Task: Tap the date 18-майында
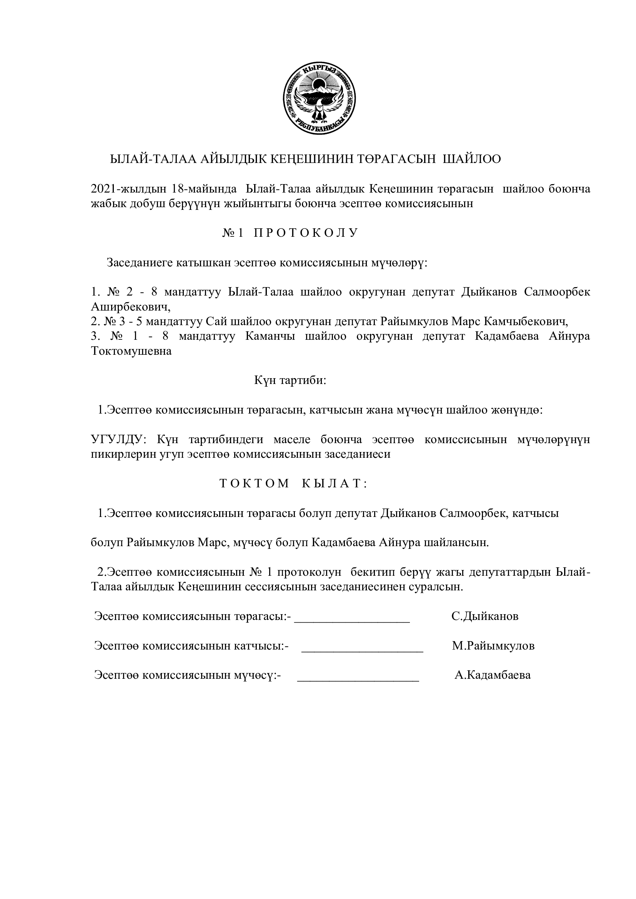coord(204,189)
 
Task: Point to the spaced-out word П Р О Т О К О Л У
coord(305,233)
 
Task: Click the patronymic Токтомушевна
coord(131,351)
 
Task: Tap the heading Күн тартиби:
coord(290,380)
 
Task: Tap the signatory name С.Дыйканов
coord(485,616)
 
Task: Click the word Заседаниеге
coord(140,263)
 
